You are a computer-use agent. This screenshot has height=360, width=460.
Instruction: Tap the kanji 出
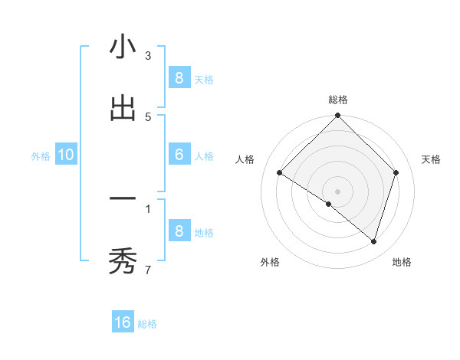point(122,108)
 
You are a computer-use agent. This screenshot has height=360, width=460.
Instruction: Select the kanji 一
point(122,200)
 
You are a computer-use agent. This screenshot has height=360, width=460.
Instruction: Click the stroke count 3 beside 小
point(148,56)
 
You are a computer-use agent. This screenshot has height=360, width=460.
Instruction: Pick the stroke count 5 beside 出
point(148,116)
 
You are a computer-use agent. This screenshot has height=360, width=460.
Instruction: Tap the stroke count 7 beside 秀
point(148,270)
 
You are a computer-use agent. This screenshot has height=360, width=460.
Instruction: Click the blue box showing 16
point(123,322)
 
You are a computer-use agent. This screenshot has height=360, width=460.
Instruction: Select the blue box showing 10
point(66,155)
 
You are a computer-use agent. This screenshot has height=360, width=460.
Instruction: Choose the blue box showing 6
point(179,154)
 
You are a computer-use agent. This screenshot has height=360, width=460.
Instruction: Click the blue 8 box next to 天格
point(179,77)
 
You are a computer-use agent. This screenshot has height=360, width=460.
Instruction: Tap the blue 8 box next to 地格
point(179,231)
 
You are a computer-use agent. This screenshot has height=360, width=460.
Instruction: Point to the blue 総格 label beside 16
point(147,324)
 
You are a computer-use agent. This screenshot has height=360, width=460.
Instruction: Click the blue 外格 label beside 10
point(41,156)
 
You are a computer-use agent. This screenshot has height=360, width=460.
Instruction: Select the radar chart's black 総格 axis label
point(338,100)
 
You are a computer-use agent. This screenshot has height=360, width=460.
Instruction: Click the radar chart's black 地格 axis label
point(402,263)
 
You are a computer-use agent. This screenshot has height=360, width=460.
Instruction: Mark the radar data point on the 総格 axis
point(338,116)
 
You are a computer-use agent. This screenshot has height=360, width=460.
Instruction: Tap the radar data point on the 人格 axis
point(280,173)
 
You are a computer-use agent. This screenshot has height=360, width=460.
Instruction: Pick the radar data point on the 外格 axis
point(329,205)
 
